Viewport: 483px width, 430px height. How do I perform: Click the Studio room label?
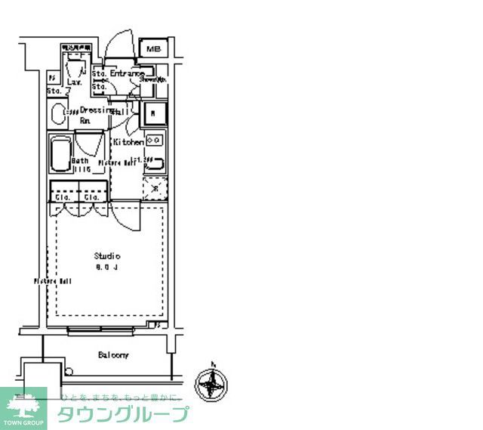[107, 255]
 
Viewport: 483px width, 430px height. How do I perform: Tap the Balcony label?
[112, 354]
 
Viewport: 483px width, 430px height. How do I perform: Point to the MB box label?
[154, 49]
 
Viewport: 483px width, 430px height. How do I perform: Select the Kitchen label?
[128, 142]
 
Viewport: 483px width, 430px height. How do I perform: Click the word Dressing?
[97, 110]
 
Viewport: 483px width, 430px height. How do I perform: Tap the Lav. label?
[74, 82]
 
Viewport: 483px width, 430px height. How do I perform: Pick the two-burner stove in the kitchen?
[155, 140]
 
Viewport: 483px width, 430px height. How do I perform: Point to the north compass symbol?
[211, 383]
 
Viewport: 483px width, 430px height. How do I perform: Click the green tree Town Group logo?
[23, 407]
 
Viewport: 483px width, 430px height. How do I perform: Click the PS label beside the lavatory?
[53, 77]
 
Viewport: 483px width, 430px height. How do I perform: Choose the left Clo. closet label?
[62, 197]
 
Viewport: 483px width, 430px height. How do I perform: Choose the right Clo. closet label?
[91, 197]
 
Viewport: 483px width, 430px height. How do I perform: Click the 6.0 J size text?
[106, 268]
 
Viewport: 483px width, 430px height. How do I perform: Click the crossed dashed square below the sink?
[154, 187]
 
